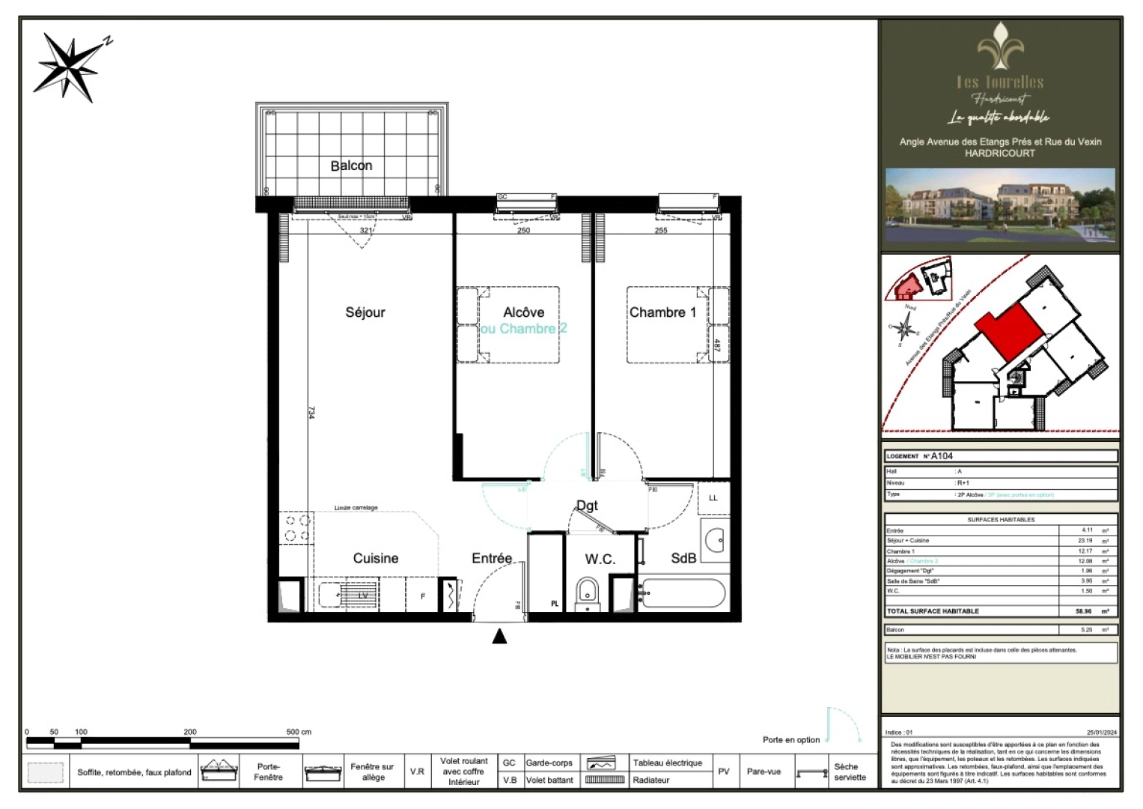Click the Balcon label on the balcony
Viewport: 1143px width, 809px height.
coord(351,166)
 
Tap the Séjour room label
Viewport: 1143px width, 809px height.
coord(365,312)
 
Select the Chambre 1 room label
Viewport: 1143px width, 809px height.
coord(662,312)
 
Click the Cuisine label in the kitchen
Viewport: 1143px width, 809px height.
coord(376,558)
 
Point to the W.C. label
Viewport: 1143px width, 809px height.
coord(600,559)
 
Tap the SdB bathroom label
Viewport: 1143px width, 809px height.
coord(683,558)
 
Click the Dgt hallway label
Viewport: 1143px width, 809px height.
coord(587,506)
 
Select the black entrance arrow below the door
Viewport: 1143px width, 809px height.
coord(499,637)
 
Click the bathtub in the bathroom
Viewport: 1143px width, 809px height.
coord(682,594)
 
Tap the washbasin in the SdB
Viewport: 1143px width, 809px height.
coord(716,539)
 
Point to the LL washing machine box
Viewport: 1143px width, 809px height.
coord(713,498)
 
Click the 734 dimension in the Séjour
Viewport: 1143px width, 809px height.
coord(311,413)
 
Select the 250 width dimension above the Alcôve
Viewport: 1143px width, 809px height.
coord(523,230)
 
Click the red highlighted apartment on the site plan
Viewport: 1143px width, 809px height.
coord(1008,330)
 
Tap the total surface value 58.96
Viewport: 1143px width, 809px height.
coord(1083,611)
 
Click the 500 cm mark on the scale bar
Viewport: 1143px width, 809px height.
coord(298,732)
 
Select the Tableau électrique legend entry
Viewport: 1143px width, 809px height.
coord(667,763)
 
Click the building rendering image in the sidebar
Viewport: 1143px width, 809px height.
coord(1000,205)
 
